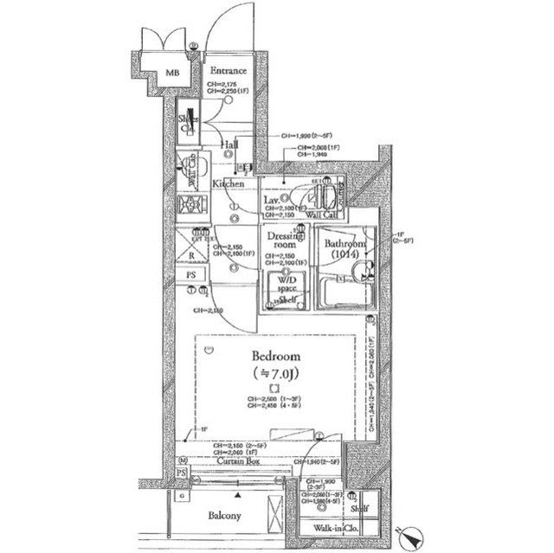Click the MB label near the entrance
(173, 74)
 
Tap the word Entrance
(228, 71)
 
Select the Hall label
(229, 145)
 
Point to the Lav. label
(271, 201)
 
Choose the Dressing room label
(284, 240)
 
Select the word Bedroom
(276, 356)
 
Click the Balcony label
(223, 516)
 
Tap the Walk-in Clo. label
(336, 527)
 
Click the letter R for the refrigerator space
(190, 256)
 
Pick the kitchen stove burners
(190, 205)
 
